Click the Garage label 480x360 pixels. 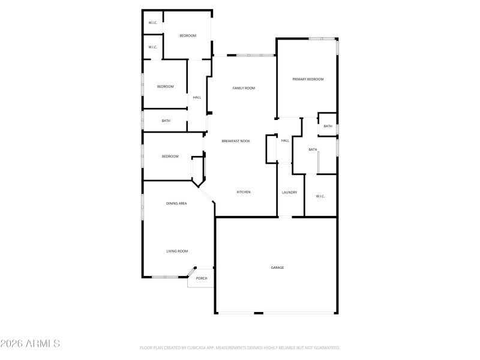pos(277,267)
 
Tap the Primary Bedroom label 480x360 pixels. pos(308,79)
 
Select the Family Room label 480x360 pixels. pos(244,88)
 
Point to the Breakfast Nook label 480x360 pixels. pos(236,141)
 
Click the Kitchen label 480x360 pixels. pos(243,192)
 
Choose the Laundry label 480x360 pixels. pos(290,192)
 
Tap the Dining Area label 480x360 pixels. pos(176,203)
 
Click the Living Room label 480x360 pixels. pos(177,251)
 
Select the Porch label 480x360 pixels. pos(202,278)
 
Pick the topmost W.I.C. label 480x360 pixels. pos(152,23)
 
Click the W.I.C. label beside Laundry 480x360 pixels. pos(320,196)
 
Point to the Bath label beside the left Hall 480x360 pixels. pos(166,121)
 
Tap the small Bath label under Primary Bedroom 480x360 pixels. pos(328,126)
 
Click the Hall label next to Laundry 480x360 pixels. pos(285,140)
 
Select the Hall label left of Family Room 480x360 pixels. pos(197,97)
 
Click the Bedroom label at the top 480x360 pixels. pos(188,36)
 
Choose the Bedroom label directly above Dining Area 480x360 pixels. pos(170,157)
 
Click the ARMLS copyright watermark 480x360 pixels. pos(30,344)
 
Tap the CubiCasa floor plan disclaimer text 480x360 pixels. pos(240,347)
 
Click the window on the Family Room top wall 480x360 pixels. pos(256,56)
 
